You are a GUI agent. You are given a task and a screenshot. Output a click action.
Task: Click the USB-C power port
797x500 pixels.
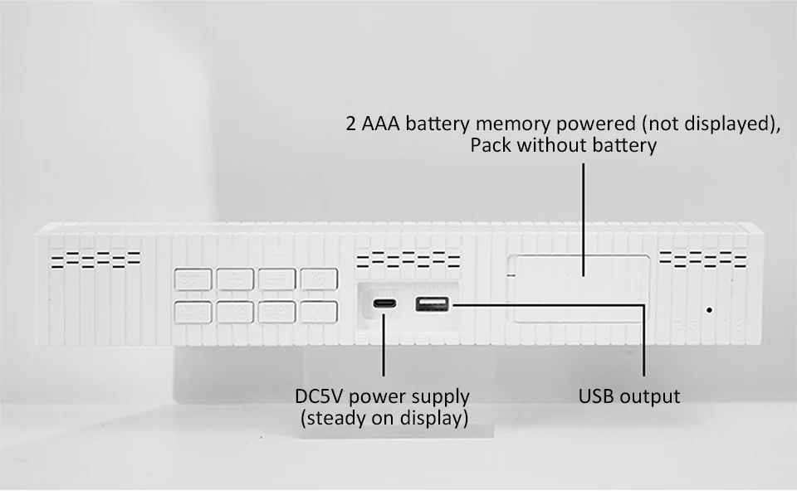point(384,304)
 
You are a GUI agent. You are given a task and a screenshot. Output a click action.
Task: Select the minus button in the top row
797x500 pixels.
point(276,280)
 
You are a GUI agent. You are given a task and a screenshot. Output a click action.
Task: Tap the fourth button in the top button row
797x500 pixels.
point(318,280)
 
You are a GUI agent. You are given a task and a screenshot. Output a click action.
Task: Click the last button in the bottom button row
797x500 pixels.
point(318,312)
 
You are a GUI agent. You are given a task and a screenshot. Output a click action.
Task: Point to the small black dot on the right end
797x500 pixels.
point(709,310)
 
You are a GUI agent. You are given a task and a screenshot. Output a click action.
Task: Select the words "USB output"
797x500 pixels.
point(628,396)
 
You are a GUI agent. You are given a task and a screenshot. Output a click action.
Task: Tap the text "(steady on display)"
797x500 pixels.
point(384,418)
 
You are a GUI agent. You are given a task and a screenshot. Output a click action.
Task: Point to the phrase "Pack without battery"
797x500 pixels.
point(563,146)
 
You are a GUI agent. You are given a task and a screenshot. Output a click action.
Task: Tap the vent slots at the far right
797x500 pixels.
point(703,260)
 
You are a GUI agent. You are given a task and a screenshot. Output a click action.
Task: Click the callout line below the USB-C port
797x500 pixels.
point(384,348)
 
